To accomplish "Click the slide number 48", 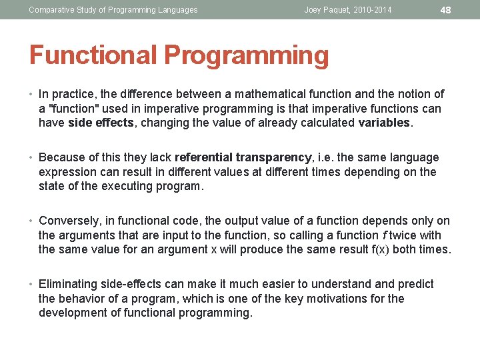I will coord(446,10).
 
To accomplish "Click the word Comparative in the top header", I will coord(51,10).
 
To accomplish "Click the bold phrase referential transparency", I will coord(243,157).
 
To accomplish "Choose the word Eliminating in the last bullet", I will coord(70,284).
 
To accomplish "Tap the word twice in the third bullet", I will coord(403,235).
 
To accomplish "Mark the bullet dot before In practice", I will coord(32,94).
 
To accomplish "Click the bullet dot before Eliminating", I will coord(32,284).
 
